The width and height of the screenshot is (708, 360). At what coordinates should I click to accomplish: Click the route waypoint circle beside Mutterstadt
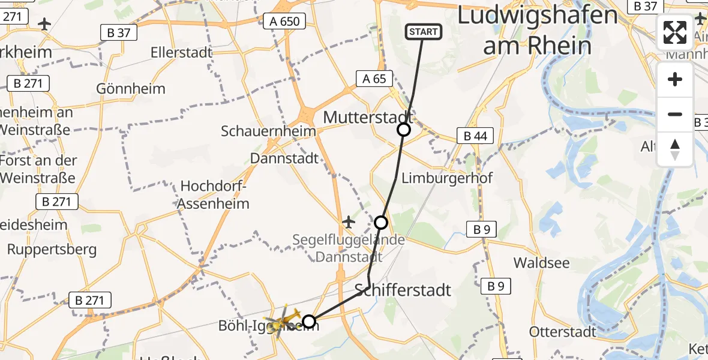point(404,129)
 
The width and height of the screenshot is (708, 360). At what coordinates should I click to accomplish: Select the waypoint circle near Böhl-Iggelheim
point(308,322)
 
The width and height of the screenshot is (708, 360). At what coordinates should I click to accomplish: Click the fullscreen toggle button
point(675,32)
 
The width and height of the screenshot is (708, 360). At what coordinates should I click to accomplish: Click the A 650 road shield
point(284,22)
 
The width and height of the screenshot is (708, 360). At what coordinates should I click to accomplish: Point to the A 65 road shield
point(374,78)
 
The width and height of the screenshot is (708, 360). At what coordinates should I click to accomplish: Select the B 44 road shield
point(475,136)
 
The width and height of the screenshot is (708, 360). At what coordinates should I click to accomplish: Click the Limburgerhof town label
point(446,178)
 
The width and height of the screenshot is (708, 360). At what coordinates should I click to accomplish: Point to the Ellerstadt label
point(182,52)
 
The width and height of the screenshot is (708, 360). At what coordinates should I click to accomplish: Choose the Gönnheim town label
point(131,89)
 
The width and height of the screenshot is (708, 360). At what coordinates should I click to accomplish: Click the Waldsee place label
point(541,263)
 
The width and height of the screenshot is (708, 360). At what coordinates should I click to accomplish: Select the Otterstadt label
point(562,331)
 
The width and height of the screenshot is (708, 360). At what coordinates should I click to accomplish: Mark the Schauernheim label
point(268,131)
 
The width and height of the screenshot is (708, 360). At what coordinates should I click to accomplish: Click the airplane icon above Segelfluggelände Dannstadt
point(348,222)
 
